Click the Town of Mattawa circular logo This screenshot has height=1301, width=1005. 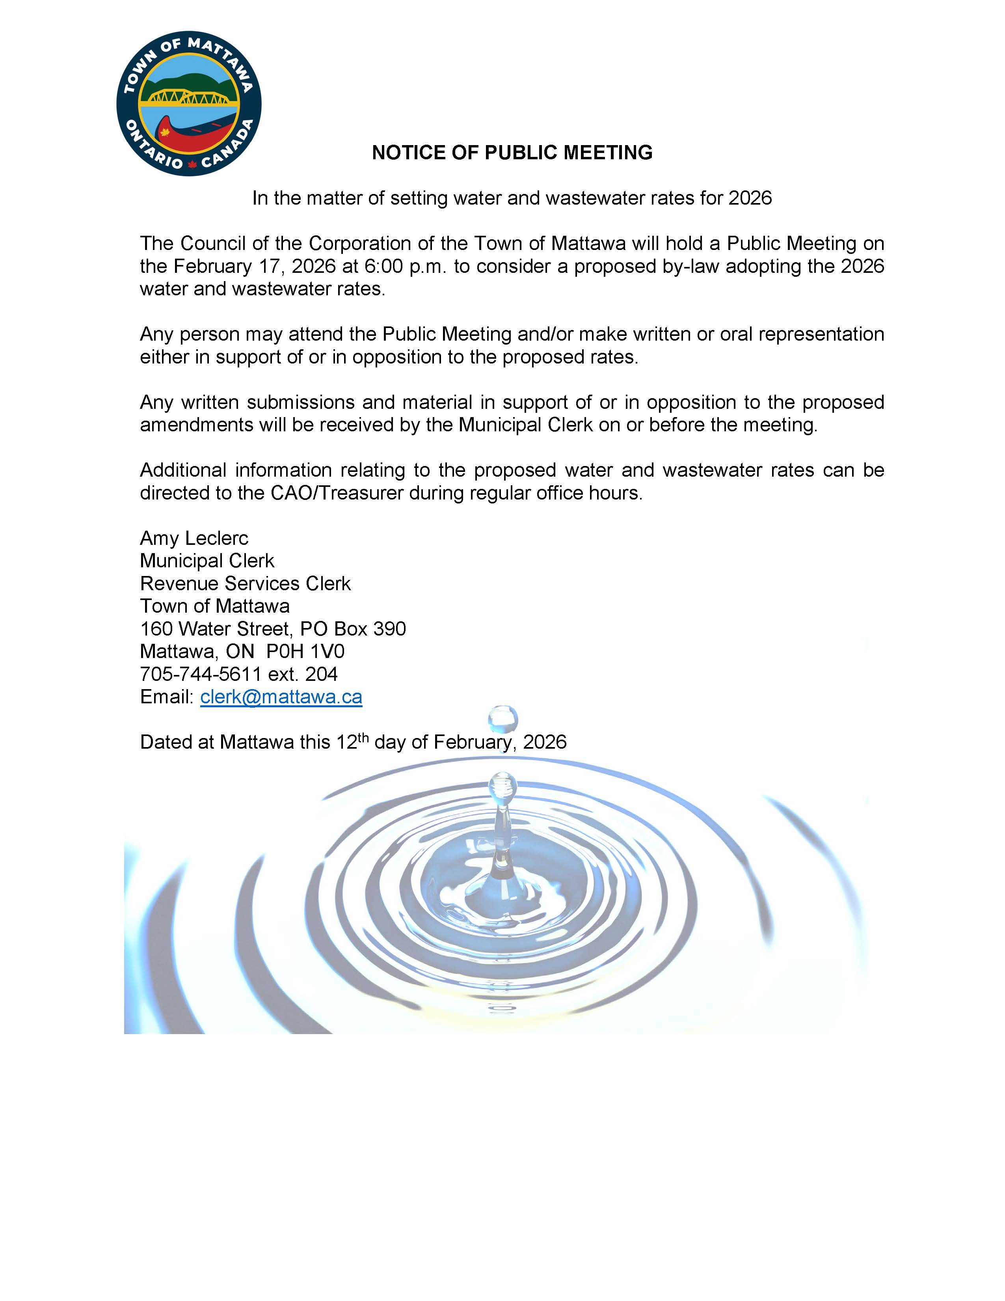(x=189, y=104)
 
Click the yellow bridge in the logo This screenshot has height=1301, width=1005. (x=188, y=97)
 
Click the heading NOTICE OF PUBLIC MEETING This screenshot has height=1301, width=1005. (x=512, y=153)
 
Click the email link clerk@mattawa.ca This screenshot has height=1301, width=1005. (x=281, y=697)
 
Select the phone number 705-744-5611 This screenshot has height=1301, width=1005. (x=201, y=674)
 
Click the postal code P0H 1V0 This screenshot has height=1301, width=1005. (x=305, y=652)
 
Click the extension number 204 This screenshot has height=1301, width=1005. (x=322, y=674)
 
